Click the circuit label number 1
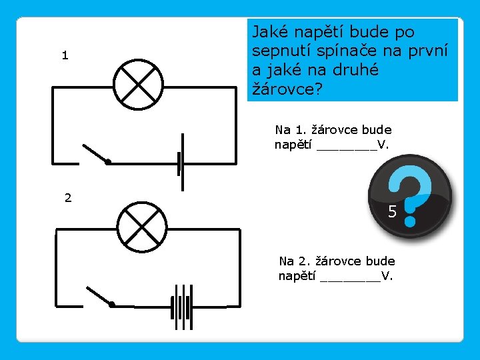tap(65, 56)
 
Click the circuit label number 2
tap(68, 197)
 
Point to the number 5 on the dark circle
tap(393, 213)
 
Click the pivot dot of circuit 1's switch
tap(108, 162)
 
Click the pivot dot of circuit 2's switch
tap(112, 305)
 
